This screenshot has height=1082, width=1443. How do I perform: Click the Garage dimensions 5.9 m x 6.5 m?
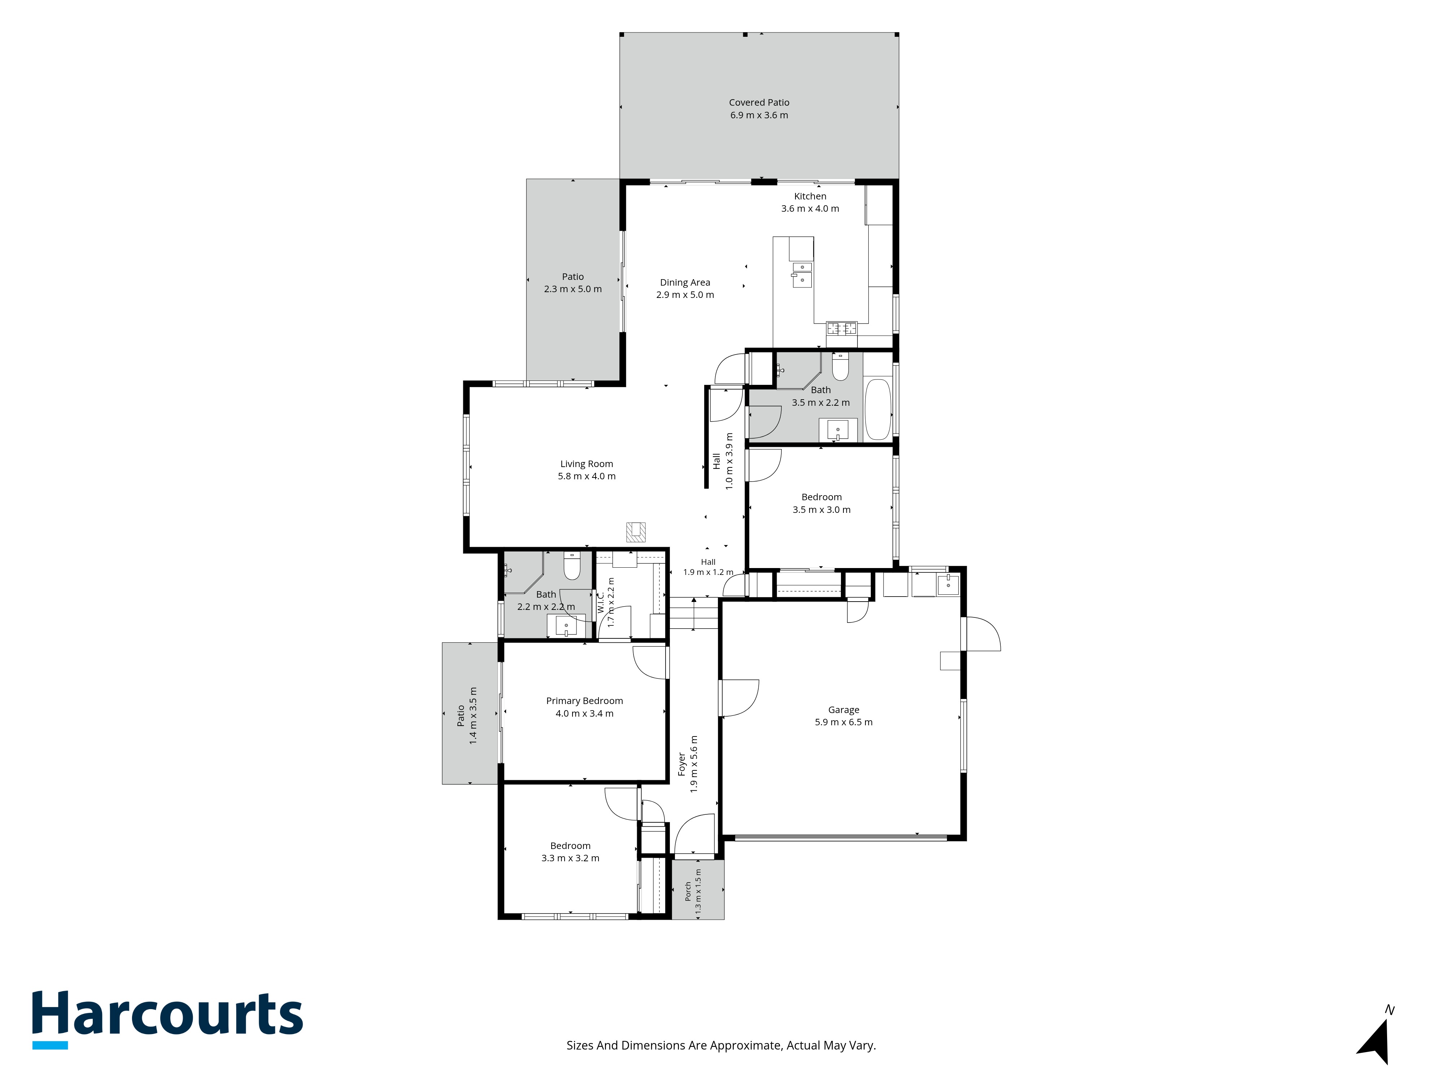tap(843, 722)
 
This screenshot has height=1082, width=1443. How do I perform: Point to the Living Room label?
tap(587, 464)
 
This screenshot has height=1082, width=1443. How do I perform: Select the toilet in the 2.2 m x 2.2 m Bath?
tap(572, 566)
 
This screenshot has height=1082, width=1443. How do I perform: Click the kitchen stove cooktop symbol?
tap(842, 328)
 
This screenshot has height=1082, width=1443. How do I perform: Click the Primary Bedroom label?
tap(584, 700)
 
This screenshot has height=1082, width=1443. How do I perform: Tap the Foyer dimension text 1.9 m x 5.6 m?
tap(694, 764)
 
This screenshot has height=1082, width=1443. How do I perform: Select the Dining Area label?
tap(685, 282)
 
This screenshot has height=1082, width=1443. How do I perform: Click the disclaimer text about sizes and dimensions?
tap(721, 1046)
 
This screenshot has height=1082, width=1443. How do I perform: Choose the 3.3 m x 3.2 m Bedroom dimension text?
tap(570, 858)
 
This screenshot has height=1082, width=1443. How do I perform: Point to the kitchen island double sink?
tap(802, 274)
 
